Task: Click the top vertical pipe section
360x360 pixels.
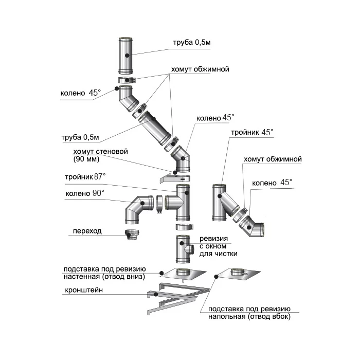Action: [125, 56]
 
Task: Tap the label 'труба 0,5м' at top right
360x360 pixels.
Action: [192, 43]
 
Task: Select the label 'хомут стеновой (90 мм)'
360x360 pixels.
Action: [101, 155]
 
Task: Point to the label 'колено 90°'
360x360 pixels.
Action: [85, 193]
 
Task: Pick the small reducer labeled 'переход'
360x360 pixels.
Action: [132, 235]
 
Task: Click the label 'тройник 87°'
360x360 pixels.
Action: [85, 177]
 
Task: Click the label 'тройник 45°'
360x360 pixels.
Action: [252, 133]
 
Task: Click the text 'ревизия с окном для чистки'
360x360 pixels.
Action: [218, 246]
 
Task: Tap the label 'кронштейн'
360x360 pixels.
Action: [84, 290]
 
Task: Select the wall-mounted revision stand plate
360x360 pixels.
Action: [183, 274]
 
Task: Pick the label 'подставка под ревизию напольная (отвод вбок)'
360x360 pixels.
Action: [249, 313]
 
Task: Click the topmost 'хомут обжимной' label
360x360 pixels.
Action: [200, 69]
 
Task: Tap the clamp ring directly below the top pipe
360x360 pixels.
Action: [127, 80]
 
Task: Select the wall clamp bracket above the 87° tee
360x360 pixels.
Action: [175, 178]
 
